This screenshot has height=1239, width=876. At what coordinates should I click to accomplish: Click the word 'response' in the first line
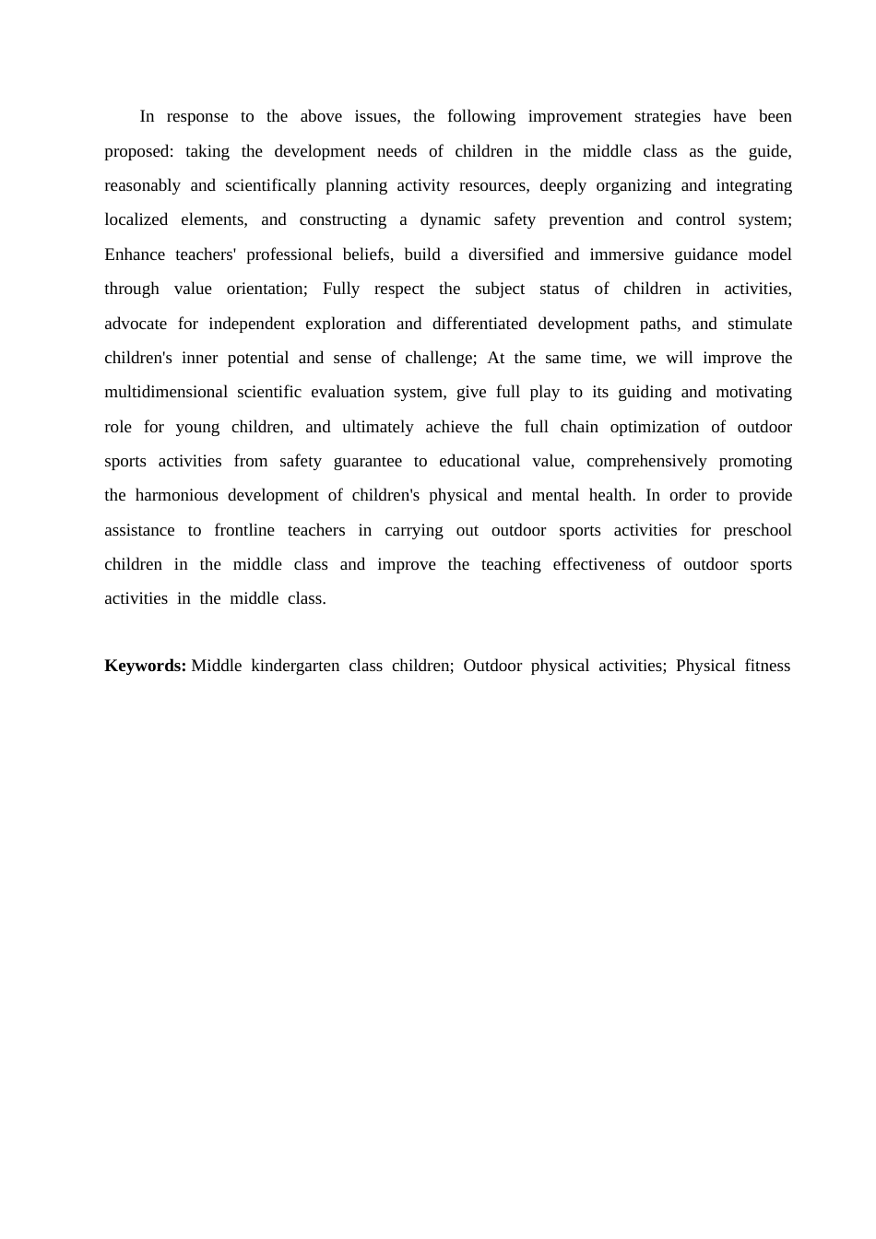(196, 116)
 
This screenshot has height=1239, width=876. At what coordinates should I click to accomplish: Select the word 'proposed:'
(138, 151)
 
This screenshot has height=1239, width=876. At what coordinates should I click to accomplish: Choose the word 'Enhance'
(135, 254)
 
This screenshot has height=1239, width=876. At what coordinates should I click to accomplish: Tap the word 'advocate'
(136, 324)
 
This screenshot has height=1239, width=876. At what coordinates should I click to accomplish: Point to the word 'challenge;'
(441, 358)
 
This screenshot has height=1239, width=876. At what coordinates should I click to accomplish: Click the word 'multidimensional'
(166, 392)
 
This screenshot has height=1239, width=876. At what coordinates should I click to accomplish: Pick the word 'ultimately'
(378, 427)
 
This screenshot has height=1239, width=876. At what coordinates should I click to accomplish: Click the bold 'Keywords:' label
(145, 666)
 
